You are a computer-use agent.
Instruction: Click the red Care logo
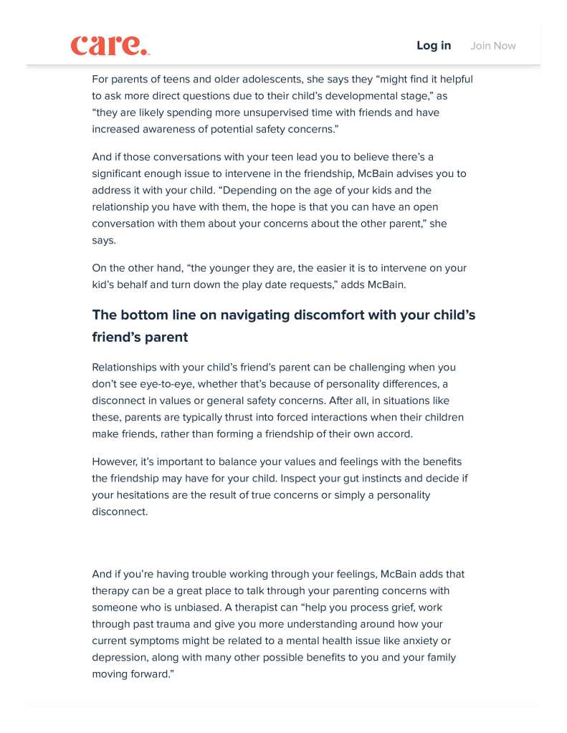coord(110,45)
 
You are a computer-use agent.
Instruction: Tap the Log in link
coord(434,46)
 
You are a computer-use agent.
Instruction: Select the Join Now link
coord(493,46)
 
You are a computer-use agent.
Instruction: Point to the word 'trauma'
coord(174,624)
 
